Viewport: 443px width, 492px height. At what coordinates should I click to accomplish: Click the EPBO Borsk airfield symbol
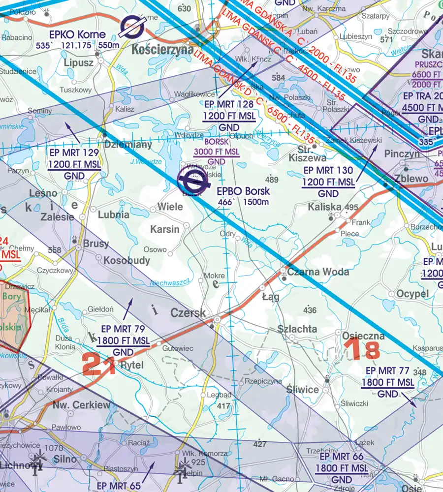(x=192, y=182)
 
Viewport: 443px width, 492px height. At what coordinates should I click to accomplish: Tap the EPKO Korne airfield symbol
(x=133, y=27)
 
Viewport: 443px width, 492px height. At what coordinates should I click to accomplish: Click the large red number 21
(x=99, y=364)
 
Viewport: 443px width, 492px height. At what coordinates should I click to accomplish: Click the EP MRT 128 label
(x=228, y=104)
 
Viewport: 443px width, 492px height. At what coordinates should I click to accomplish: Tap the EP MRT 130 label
(x=329, y=171)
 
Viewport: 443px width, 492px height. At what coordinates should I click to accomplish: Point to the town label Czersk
(x=188, y=312)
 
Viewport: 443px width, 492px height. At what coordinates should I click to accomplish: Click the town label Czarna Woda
(x=318, y=272)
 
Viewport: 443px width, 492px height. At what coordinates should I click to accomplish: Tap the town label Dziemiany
(x=128, y=145)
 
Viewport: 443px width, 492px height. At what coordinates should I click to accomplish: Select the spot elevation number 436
(x=310, y=310)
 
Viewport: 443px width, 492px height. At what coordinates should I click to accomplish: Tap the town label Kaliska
(x=324, y=207)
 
